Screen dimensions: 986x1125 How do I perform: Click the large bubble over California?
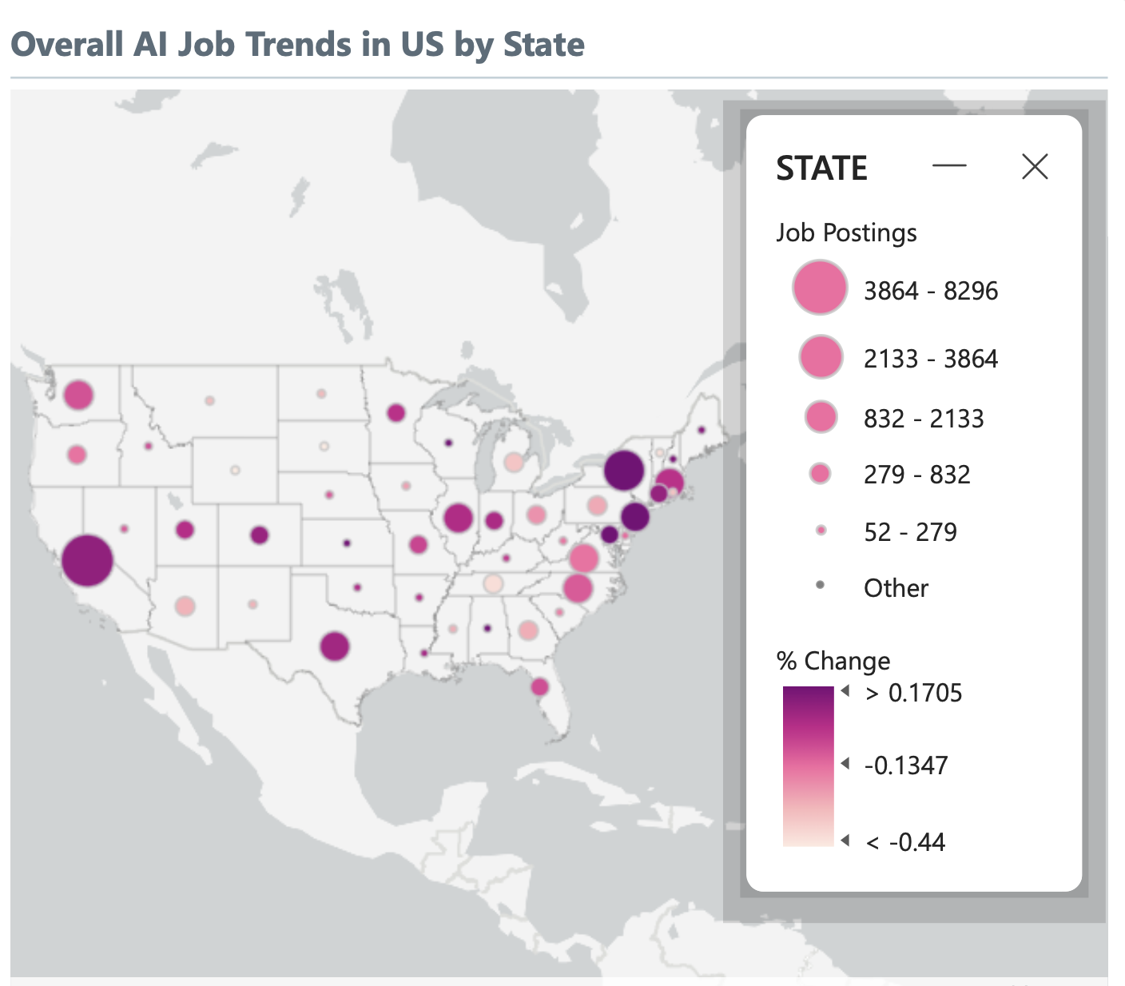point(87,560)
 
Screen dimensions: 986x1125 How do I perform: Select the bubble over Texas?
point(335,646)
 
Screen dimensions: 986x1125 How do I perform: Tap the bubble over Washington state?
point(78,395)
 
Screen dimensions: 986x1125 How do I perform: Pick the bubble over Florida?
point(539,686)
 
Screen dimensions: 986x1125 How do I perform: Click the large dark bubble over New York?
point(624,470)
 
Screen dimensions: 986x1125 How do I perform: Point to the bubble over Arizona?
point(185,606)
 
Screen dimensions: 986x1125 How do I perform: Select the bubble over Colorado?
point(259,535)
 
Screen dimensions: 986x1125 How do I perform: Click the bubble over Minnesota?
point(396,413)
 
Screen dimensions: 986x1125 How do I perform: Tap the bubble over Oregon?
point(77,455)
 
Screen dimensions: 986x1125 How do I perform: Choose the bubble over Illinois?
point(458,519)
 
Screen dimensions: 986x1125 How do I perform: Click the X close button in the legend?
point(1035,167)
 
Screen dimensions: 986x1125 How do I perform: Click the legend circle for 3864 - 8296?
point(819,288)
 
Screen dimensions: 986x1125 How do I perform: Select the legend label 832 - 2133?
point(924,419)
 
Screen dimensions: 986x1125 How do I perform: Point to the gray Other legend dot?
point(820,586)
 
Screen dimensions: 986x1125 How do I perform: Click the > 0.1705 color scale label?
point(914,693)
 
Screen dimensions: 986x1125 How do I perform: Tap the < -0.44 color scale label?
point(906,842)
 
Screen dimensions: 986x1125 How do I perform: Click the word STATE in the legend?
point(821,169)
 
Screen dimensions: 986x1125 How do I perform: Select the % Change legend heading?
point(833,661)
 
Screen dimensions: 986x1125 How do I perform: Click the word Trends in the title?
point(297,45)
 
